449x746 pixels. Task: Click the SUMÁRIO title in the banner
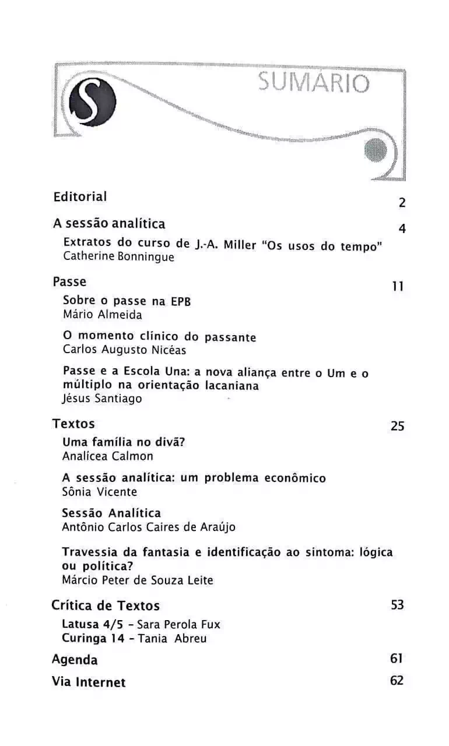314,83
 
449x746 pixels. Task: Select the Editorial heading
80,196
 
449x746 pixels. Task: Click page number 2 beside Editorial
402,203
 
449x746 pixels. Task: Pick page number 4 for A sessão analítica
402,228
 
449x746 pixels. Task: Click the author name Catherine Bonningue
118,257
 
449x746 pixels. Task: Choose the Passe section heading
69,281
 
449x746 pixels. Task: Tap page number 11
398,287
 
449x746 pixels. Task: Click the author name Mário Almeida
102,314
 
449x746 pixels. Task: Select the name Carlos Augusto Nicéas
124,350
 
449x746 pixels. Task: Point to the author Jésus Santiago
101,399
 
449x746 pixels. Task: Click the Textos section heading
73,424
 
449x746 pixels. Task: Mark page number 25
397,426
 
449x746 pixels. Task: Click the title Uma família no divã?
124,442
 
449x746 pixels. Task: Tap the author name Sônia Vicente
99,491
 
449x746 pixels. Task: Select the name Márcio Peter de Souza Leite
138,580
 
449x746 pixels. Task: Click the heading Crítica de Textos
106,605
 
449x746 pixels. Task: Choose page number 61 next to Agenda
397,659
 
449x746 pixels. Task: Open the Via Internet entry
89,681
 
